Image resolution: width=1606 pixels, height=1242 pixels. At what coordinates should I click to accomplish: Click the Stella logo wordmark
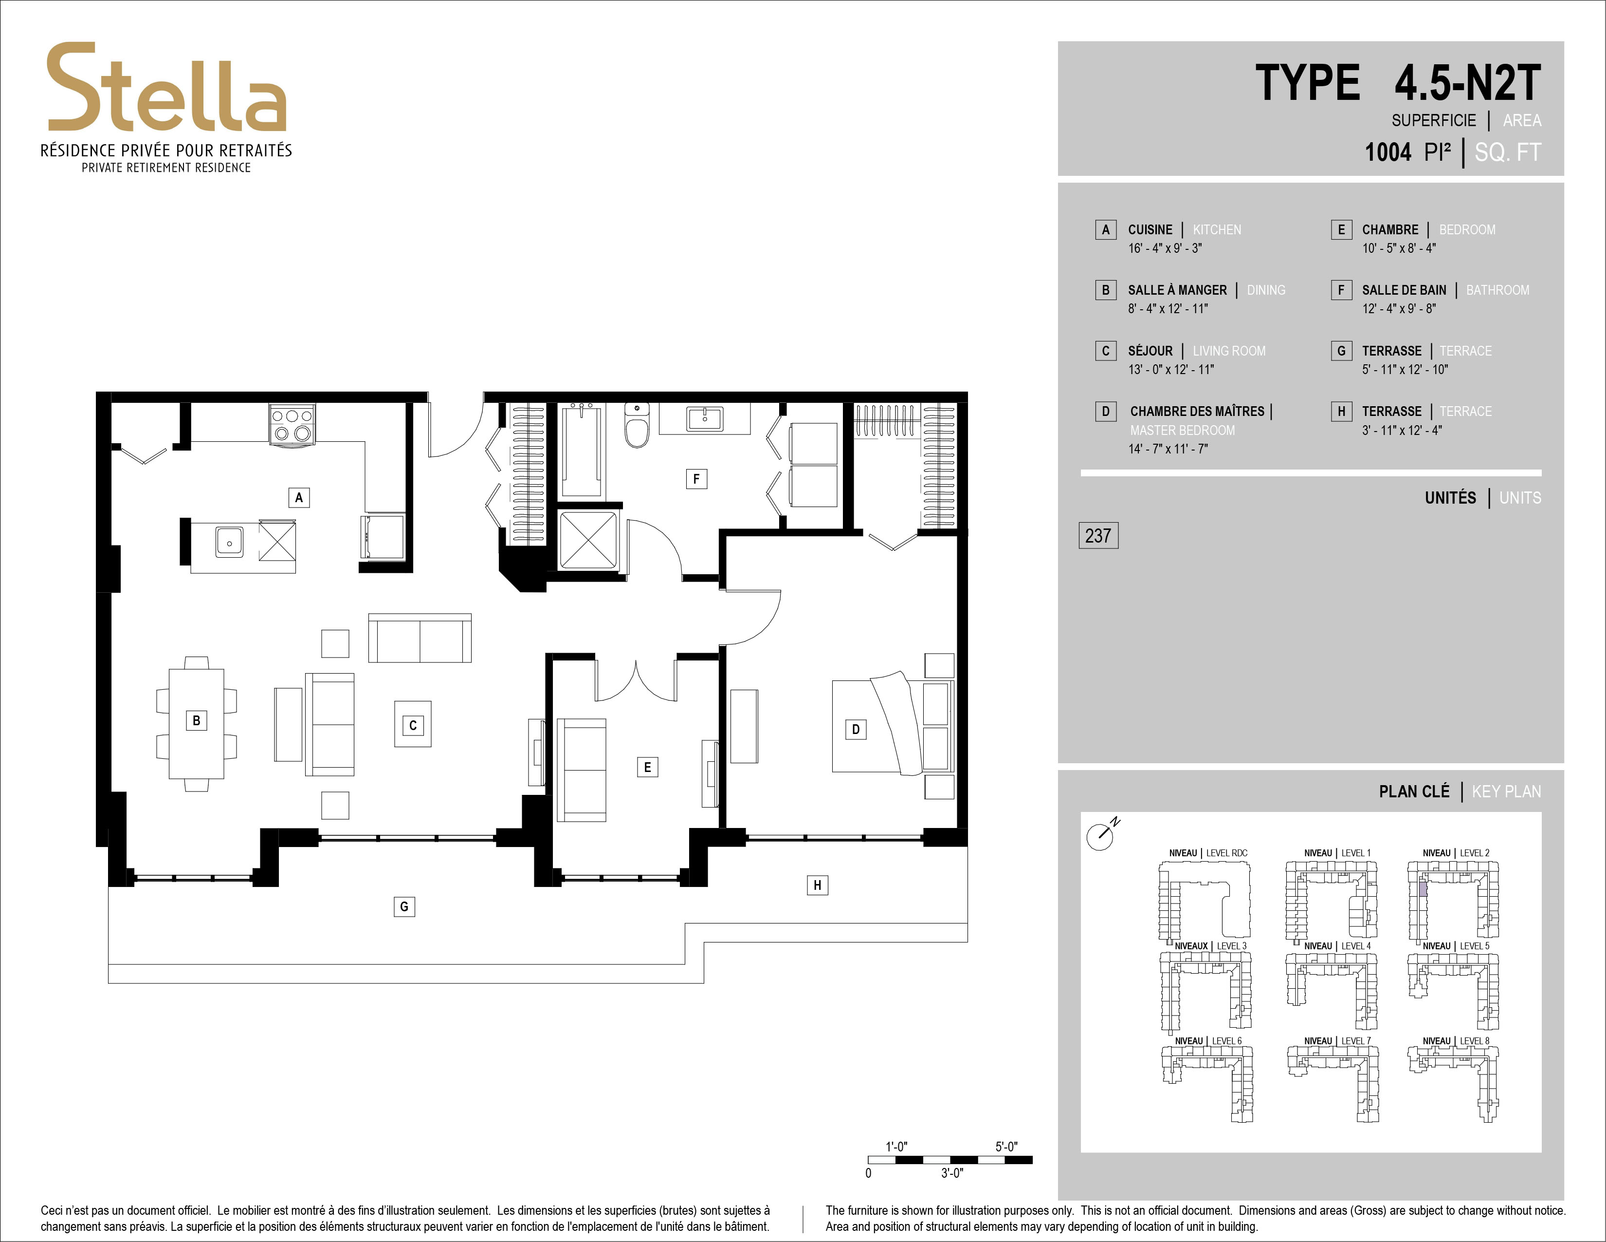pos(167,88)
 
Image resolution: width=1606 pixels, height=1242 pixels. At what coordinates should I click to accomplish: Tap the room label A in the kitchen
pos(298,497)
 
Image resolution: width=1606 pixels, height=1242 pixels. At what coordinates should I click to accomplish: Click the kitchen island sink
pos(229,542)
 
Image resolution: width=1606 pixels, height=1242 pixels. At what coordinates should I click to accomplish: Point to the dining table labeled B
pos(196,723)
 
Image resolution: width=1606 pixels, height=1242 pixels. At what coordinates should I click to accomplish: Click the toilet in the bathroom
pos(638,425)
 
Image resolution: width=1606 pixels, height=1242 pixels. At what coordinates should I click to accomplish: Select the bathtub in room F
pos(583,451)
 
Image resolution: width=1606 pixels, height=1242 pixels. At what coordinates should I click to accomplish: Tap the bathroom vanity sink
pos(705,418)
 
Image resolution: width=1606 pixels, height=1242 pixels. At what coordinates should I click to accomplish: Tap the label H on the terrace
pos(817,884)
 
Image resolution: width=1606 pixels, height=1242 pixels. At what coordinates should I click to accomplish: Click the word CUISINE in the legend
pos(1150,229)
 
